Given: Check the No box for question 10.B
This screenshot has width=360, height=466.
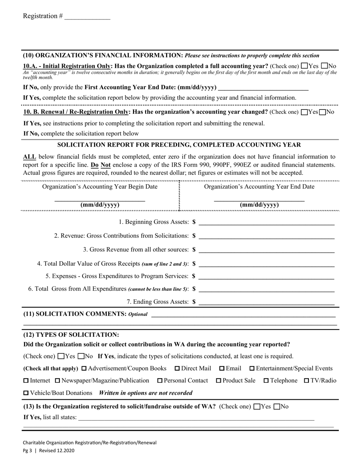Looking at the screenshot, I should (323, 112).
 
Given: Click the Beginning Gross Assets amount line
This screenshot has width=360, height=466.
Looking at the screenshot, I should (266, 222).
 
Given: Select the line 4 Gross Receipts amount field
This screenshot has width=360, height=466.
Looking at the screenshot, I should (266, 264).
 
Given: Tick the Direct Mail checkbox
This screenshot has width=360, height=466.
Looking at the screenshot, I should (177, 369).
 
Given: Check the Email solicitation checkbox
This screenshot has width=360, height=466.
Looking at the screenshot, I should (222, 369).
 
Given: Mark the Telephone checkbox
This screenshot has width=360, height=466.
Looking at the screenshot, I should (266, 381).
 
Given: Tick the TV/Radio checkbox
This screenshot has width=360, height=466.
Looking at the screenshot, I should (307, 381).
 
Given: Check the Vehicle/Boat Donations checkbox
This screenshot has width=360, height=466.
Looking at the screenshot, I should (26, 393).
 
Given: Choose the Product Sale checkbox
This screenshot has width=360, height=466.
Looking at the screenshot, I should (218, 381).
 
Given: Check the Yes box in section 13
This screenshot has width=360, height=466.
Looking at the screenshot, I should (257, 407).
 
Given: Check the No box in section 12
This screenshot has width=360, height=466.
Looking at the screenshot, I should (81, 357).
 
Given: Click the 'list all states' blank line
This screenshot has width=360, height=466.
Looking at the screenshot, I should (196, 418).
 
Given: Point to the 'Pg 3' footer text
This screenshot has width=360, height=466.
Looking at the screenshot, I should (27, 450).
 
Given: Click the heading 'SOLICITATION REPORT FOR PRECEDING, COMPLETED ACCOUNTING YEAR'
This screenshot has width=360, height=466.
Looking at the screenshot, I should (179, 145).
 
